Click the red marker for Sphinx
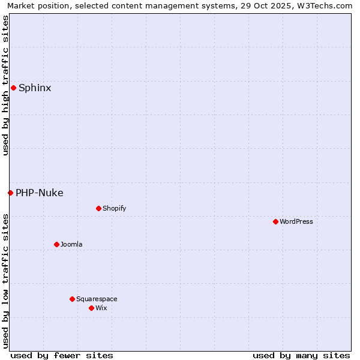click(13, 88)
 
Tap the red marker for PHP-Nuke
click(10, 193)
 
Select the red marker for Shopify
click(98, 208)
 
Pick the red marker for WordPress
click(275, 221)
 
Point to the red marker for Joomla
click(56, 244)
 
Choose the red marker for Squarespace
click(72, 299)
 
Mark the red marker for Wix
click(91, 308)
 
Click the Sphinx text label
click(35, 88)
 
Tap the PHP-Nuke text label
click(40, 193)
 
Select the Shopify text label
click(114, 208)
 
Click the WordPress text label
click(296, 221)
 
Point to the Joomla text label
click(71, 244)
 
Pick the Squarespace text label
click(97, 299)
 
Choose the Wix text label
click(101, 308)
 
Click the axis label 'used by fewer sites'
click(62, 355)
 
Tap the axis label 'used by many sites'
click(301, 355)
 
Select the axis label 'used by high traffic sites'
click(5, 85)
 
